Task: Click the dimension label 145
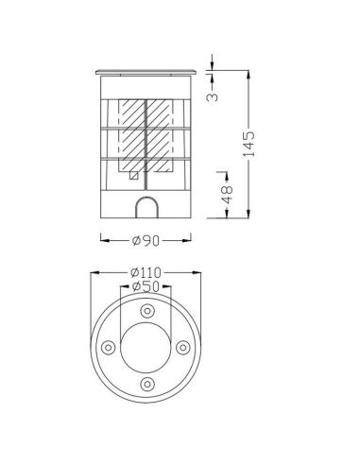click(249, 144)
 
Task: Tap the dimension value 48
click(227, 194)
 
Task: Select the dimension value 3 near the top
click(212, 96)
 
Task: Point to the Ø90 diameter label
click(146, 241)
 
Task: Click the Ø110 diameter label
click(146, 272)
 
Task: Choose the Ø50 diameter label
click(146, 286)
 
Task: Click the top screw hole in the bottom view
click(146, 311)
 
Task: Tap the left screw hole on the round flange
click(109, 348)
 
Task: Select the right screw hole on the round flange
click(182, 348)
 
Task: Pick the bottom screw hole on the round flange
click(146, 385)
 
